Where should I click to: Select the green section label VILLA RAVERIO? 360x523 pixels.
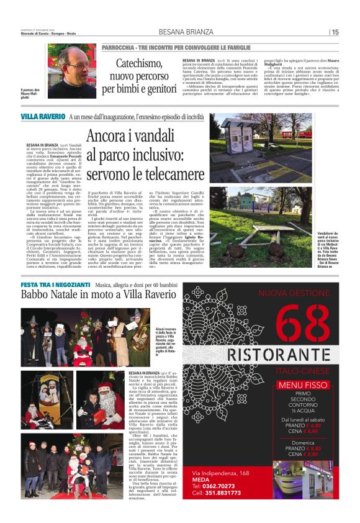43,116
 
